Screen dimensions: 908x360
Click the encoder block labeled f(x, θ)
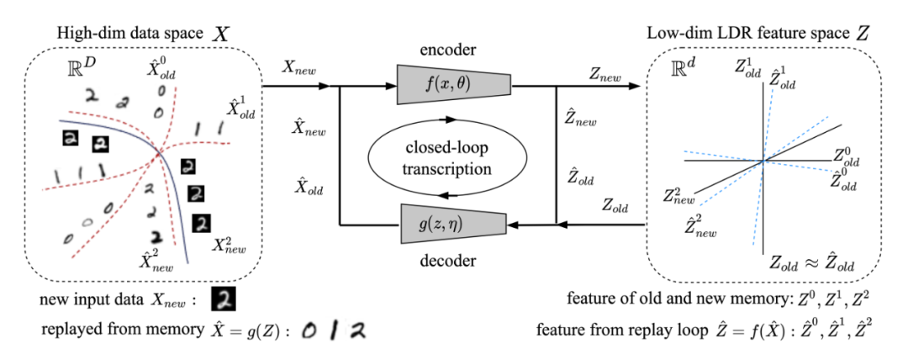[x=453, y=85]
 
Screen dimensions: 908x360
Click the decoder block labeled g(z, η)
[x=453, y=223]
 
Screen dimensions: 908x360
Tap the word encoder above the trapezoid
[x=448, y=50]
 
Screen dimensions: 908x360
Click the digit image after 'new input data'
[x=223, y=299]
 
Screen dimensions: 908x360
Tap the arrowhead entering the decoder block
[x=513, y=224]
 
